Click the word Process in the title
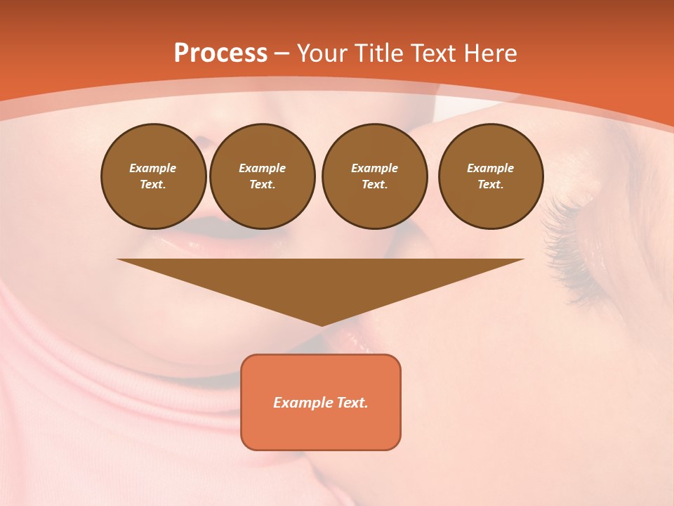pyautogui.click(x=220, y=53)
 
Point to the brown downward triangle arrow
pyautogui.click(x=321, y=281)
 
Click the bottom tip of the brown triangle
pyautogui.click(x=321, y=324)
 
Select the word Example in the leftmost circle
pyautogui.click(x=153, y=168)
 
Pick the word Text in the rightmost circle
pyautogui.click(x=490, y=184)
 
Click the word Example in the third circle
pyautogui.click(x=374, y=168)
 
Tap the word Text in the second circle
pyautogui.click(x=262, y=184)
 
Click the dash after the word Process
pyautogui.click(x=282, y=53)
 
